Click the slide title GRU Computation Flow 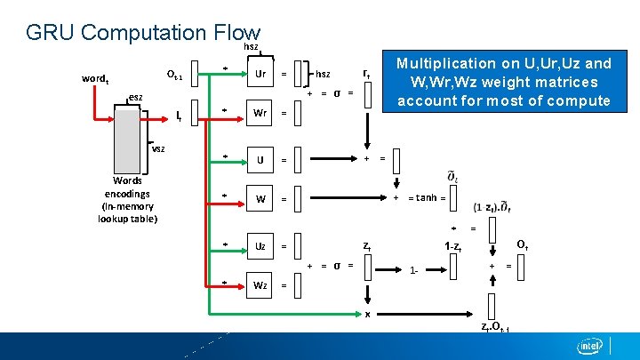click(x=143, y=33)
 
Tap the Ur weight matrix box click(x=260, y=74)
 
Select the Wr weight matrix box click(x=260, y=113)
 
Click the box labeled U click(x=260, y=160)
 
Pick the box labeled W click(x=260, y=198)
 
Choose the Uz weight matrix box click(x=260, y=245)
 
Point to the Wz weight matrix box click(x=260, y=284)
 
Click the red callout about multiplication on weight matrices click(x=503, y=82)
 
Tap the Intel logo click(x=590, y=346)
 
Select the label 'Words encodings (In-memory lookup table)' click(x=127, y=199)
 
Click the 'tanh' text click(x=426, y=198)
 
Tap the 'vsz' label click(x=157, y=148)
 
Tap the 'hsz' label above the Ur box click(x=251, y=46)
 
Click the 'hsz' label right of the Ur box click(x=324, y=75)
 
